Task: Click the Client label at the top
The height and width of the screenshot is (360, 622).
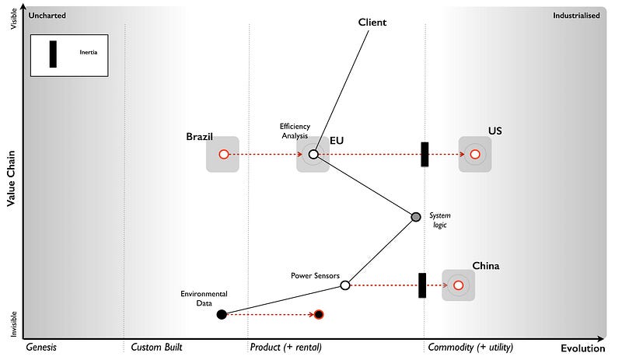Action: click(372, 23)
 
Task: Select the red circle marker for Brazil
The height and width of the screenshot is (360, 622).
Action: click(223, 155)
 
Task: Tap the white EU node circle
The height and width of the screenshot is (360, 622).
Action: click(313, 155)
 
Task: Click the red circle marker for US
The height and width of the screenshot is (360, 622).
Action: click(474, 155)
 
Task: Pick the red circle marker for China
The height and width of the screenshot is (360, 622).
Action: click(459, 285)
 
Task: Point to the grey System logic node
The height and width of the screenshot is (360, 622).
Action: click(416, 216)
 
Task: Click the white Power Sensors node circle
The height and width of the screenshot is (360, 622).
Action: click(345, 285)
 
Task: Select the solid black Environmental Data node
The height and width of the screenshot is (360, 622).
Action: click(222, 314)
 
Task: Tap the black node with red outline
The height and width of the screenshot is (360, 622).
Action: click(319, 314)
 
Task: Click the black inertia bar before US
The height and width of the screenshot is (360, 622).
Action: click(425, 154)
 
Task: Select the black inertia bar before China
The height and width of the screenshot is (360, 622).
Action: click(422, 285)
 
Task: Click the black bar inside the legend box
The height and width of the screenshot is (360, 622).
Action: click(53, 54)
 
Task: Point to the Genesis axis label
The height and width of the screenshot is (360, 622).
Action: click(42, 347)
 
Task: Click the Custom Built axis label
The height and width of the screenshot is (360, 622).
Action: click(157, 347)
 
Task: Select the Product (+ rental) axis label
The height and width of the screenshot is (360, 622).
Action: click(285, 347)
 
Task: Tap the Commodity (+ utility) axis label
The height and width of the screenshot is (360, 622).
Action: click(470, 347)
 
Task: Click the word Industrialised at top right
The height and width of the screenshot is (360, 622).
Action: click(576, 16)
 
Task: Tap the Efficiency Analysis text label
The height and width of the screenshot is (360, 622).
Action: click(295, 131)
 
